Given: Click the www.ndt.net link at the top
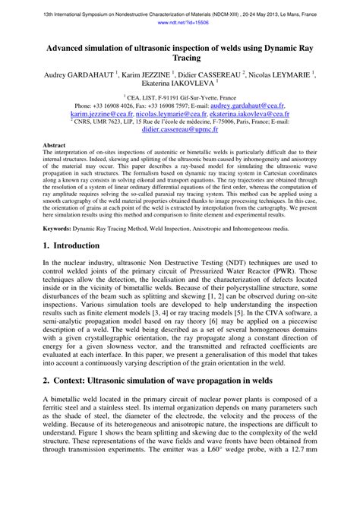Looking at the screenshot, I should click(x=179, y=23).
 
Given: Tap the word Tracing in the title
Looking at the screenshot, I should click(x=179, y=58).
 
